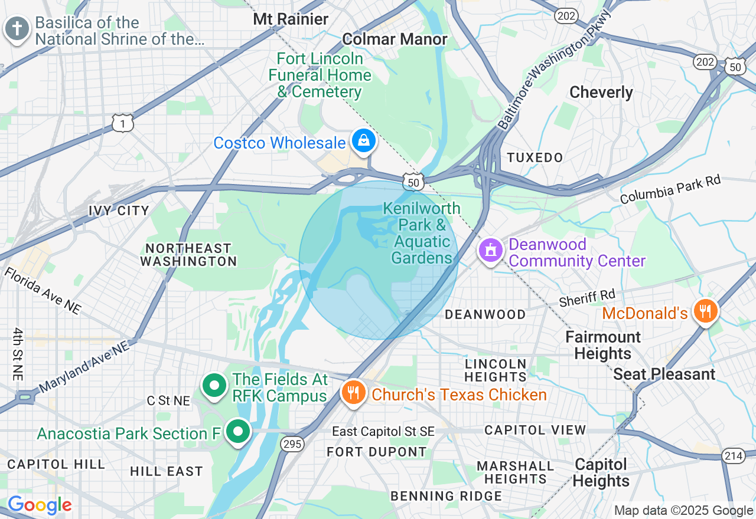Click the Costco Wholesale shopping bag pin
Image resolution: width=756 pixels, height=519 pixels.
click(x=364, y=140)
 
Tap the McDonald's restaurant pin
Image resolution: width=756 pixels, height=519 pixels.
click(x=705, y=311)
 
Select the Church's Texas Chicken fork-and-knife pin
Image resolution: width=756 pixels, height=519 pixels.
click(x=353, y=392)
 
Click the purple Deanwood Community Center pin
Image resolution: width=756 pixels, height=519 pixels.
click(x=490, y=251)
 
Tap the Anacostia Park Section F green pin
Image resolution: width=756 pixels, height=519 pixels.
click(x=238, y=431)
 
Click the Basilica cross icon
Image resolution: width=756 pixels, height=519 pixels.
click(x=17, y=28)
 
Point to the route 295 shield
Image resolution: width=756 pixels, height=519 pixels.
click(x=292, y=443)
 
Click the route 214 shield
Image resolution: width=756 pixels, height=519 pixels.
click(x=733, y=455)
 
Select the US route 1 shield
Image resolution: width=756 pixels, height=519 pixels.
click(x=123, y=123)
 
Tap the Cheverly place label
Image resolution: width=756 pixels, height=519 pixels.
click(x=601, y=93)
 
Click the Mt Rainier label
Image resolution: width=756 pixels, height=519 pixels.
click(x=291, y=19)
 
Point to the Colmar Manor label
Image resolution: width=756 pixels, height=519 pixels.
click(x=395, y=40)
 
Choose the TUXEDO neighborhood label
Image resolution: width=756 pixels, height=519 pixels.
click(x=535, y=157)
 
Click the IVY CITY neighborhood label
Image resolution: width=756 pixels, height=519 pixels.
click(x=119, y=211)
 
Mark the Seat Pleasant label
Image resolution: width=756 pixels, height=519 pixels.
click(x=664, y=374)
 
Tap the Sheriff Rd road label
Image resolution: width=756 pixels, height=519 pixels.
click(x=587, y=298)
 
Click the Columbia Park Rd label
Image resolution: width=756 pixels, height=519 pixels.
click(x=670, y=189)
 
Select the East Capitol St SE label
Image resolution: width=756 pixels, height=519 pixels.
click(x=383, y=432)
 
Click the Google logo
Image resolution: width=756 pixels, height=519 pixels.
click(x=39, y=505)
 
